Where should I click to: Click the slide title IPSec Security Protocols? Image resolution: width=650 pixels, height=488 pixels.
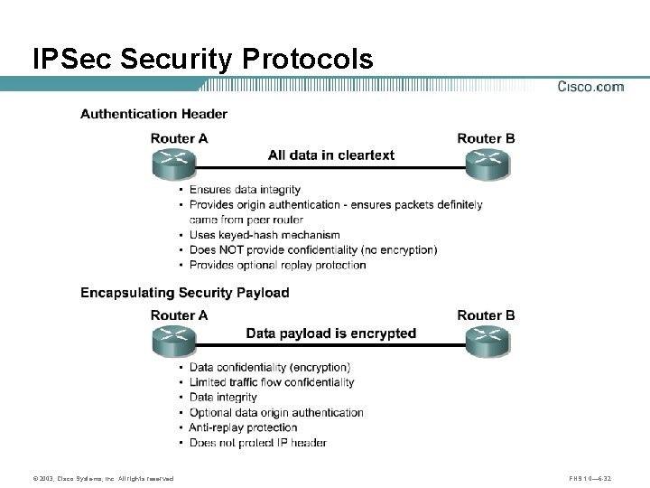[x=202, y=59]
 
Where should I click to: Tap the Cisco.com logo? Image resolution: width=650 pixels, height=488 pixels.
[x=590, y=87]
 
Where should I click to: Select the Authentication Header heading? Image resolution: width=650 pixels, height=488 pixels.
[x=153, y=114]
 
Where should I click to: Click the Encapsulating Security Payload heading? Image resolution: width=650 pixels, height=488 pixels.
[x=184, y=293]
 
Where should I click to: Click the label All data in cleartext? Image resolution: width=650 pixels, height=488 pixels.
[x=331, y=155]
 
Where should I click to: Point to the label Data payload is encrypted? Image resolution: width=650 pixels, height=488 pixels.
[x=331, y=333]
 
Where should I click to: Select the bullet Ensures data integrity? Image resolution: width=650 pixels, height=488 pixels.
[x=245, y=190]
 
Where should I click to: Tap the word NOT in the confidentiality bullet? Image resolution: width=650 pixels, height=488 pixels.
[x=237, y=250]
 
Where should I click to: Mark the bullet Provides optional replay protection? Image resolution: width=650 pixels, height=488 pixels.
[x=277, y=266]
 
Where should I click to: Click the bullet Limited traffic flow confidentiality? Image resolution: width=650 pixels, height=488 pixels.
[x=272, y=382]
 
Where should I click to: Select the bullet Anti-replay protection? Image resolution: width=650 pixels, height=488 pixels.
[x=243, y=427]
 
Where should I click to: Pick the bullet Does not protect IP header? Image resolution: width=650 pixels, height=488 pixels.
[x=257, y=443]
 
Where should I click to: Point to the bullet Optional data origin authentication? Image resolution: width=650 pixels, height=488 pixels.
[x=276, y=413]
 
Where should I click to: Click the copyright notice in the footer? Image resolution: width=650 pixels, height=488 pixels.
[x=102, y=478]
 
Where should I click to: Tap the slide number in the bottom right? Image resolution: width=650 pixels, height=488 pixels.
[x=592, y=478]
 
